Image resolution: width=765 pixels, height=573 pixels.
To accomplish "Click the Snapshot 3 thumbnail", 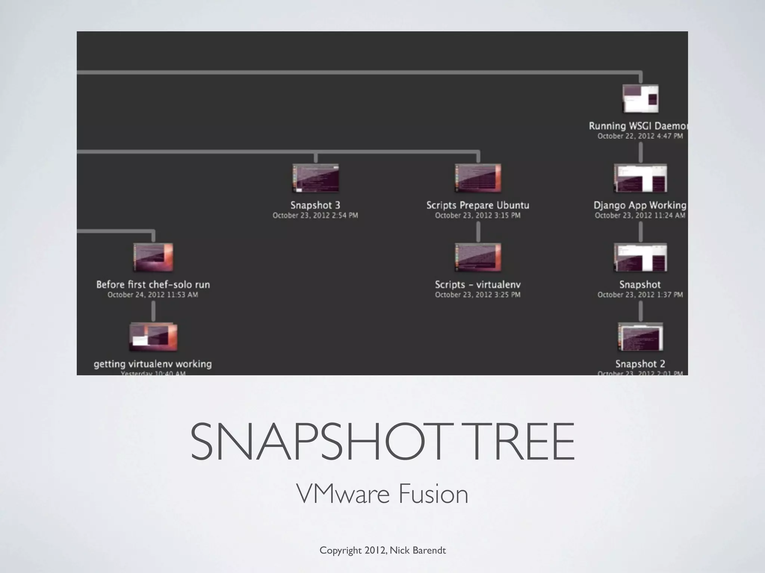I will (x=316, y=178).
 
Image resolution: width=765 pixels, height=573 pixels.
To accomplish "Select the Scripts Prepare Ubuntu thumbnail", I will (x=478, y=178).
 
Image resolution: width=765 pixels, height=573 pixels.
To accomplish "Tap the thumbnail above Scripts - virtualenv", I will (x=478, y=257).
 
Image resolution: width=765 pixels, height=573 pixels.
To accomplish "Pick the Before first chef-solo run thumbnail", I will (x=153, y=257).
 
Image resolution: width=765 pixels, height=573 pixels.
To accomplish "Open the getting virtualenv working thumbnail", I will (x=153, y=337).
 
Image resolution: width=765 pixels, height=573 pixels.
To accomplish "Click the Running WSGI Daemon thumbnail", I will (x=640, y=98).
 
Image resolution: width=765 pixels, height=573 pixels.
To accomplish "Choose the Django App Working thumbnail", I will (x=640, y=178).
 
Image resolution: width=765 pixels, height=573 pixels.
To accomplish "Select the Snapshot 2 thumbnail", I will (x=640, y=337).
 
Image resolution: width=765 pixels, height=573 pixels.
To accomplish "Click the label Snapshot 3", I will (x=316, y=205).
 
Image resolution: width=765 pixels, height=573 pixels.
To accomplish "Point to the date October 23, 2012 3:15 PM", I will (x=478, y=216).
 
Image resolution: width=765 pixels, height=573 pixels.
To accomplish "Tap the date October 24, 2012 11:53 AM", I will (x=153, y=295).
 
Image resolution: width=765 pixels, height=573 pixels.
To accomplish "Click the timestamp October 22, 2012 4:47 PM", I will (x=640, y=136).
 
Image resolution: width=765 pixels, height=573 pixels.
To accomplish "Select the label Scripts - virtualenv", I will (x=478, y=285).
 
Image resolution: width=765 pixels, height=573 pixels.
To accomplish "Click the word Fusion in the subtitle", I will (x=433, y=494).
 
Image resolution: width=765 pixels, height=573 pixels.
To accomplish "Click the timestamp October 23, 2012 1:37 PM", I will (x=640, y=295).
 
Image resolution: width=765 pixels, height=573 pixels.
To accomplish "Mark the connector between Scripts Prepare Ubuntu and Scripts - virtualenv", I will (x=478, y=232).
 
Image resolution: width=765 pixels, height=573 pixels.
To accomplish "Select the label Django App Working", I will (x=640, y=205).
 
